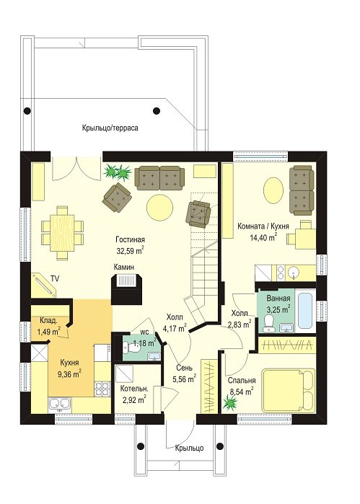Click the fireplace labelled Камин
click(126, 288)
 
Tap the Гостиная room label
click(131, 239)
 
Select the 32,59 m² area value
click(130, 251)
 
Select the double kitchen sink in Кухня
click(59, 404)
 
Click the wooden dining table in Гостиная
click(63, 232)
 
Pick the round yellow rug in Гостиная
click(159, 208)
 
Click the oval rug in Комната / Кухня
click(273, 190)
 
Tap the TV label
click(55, 279)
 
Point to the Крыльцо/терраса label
click(110, 128)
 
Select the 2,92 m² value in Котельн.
click(134, 400)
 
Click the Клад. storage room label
click(48, 320)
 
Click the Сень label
click(185, 368)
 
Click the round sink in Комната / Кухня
click(293, 273)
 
